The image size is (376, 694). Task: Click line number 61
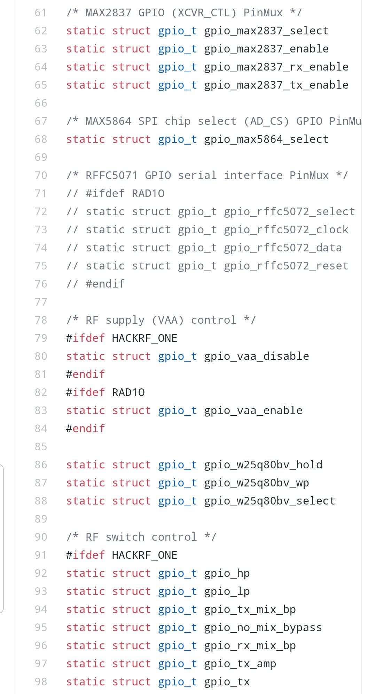pyautogui.click(x=41, y=13)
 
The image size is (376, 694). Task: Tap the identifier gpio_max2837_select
pyautogui.click(x=266, y=31)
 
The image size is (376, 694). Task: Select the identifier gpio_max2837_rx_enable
pyautogui.click(x=276, y=67)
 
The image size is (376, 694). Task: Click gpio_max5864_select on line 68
pyautogui.click(x=266, y=139)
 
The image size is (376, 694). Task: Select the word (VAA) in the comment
pyautogui.click(x=168, y=320)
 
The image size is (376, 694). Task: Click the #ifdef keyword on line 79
pyautogui.click(x=85, y=338)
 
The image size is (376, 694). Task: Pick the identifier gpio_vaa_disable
pyautogui.click(x=256, y=356)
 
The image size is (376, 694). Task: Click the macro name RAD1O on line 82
pyautogui.click(x=128, y=393)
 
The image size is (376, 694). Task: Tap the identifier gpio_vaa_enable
pyautogui.click(x=253, y=411)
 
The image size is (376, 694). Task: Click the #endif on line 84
pyautogui.click(x=85, y=429)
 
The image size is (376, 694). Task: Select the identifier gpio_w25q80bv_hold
pyautogui.click(x=263, y=465)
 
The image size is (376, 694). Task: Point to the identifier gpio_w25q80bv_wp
pyautogui.click(x=256, y=483)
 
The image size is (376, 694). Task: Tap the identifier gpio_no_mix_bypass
pyautogui.click(x=263, y=628)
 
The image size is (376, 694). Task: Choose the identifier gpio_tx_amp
pyautogui.click(x=240, y=664)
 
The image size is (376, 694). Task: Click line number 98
pyautogui.click(x=41, y=682)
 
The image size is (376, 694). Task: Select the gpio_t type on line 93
pyautogui.click(x=177, y=591)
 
